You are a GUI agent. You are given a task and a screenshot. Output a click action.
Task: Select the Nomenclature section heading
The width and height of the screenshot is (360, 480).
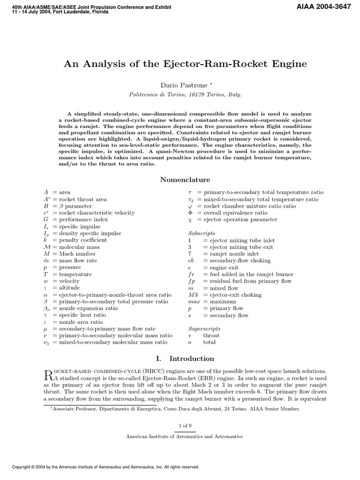(x=185, y=180)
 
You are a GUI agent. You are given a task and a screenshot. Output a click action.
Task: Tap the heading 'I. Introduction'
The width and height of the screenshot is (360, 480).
(x=185, y=359)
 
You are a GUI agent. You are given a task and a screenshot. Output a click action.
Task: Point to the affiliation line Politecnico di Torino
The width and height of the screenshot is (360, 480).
(x=185, y=94)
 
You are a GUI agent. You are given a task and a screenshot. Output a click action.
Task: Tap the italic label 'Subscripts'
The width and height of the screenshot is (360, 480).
(x=202, y=233)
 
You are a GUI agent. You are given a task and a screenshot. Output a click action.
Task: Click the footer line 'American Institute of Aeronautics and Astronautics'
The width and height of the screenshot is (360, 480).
(x=185, y=436)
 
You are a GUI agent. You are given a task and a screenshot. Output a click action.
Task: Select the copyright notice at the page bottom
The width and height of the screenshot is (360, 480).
(x=105, y=467)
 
